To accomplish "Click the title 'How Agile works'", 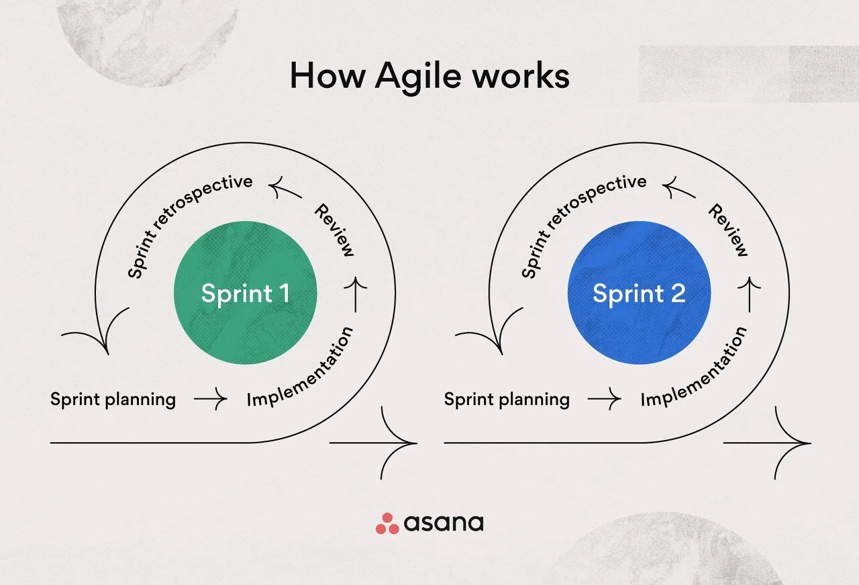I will coord(429,77).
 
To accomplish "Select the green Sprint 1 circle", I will coord(245,294).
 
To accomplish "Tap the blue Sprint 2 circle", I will coord(639,294).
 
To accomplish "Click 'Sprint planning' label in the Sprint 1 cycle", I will coord(113,400).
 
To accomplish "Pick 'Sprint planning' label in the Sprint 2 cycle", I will coord(507,400).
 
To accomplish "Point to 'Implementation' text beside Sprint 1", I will coord(301,368).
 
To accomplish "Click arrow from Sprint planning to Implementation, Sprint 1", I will coord(211,400).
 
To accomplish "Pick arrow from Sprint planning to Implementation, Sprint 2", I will coord(605,400).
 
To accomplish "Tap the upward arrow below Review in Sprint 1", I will coord(356,296).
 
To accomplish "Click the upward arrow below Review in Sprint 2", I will coord(750,296).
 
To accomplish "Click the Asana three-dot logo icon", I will coord(387,523).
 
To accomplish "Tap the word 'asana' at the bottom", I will coord(444,523).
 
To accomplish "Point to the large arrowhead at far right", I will coord(795,443).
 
